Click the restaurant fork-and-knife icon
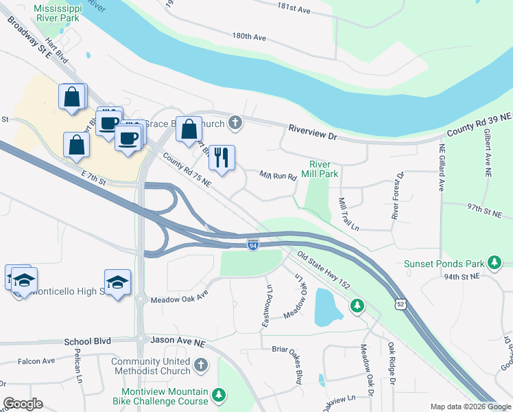[x=222, y=158]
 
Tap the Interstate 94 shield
[x=253, y=244]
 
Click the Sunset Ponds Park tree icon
[x=494, y=262]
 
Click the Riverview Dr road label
[x=313, y=130]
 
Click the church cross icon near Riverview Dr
[x=235, y=124]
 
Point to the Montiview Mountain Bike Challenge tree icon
[x=218, y=395]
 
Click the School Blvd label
[x=87, y=341]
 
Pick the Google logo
[x=23, y=403]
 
